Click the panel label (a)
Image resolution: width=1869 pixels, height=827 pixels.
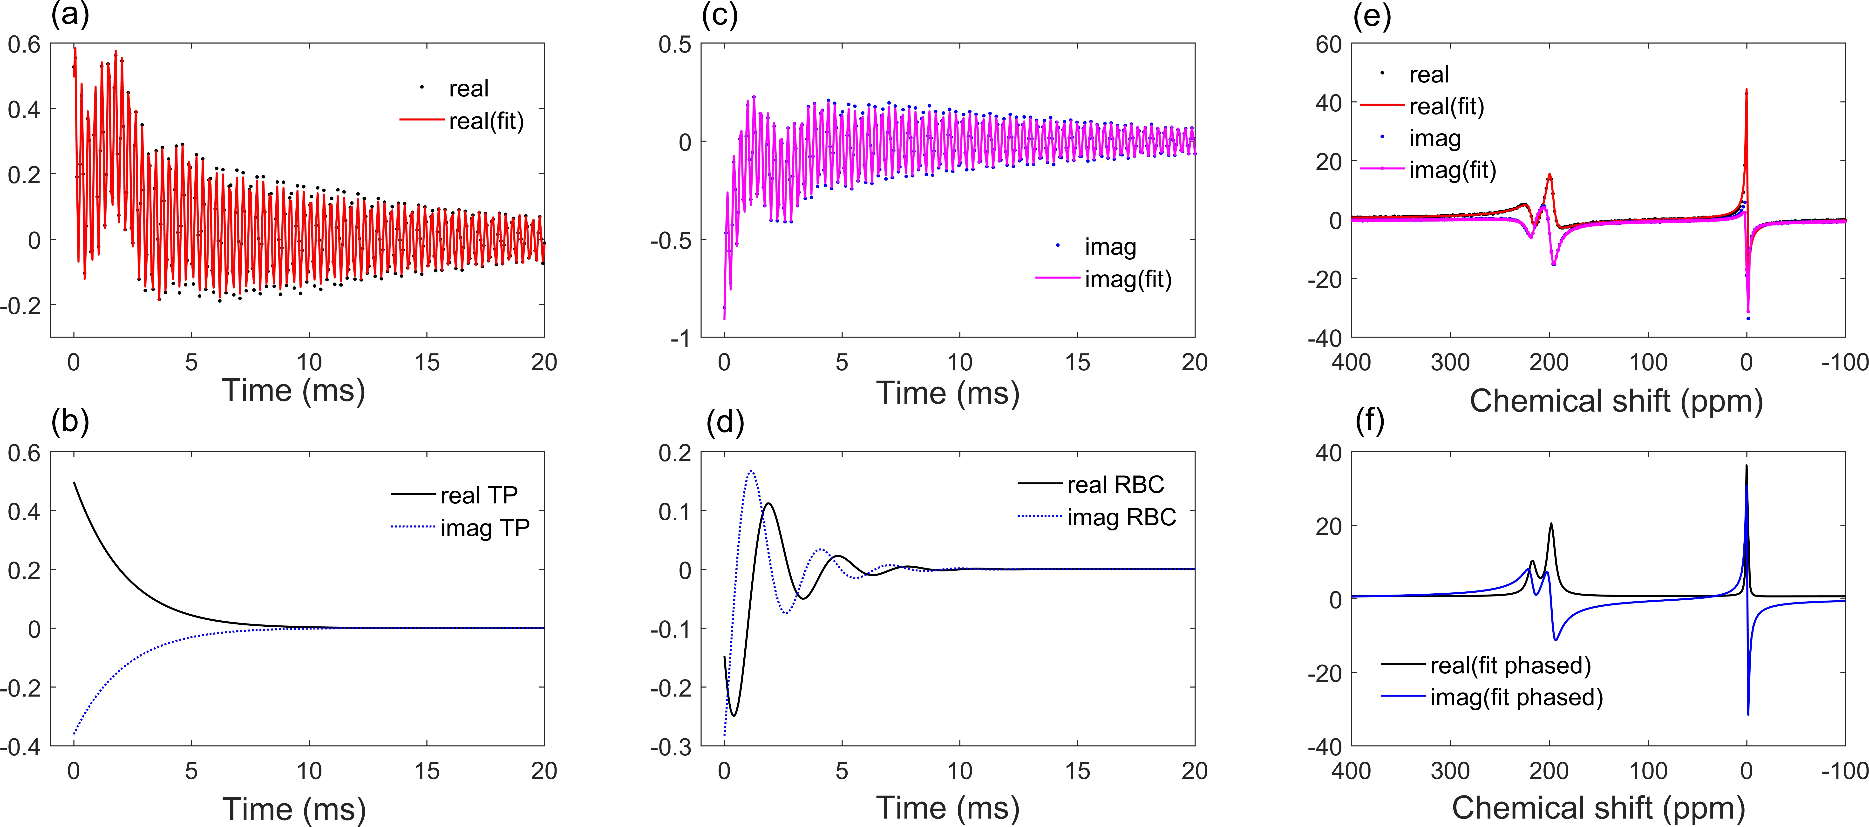(x=70, y=14)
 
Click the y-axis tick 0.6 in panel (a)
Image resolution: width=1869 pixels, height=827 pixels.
(x=24, y=45)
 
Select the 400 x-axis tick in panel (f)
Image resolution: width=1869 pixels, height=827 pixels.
(x=1351, y=770)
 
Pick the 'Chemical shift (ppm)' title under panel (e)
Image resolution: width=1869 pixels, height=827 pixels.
(x=1616, y=401)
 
